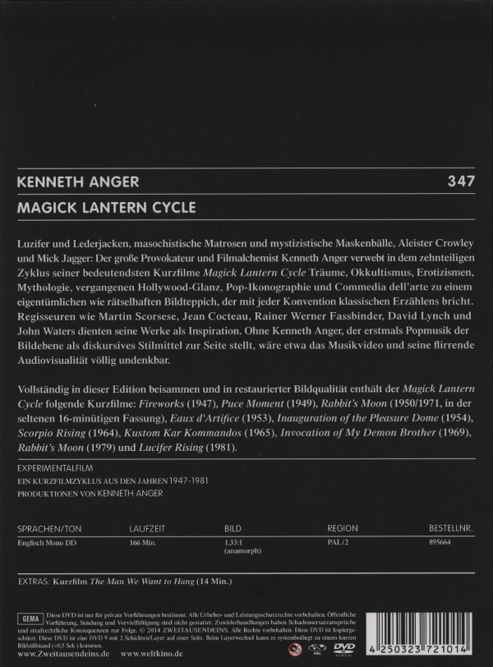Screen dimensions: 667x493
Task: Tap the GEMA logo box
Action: [28, 617]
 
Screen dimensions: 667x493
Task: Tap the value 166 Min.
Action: [145, 543]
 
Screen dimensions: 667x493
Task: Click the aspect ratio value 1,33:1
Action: [236, 543]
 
